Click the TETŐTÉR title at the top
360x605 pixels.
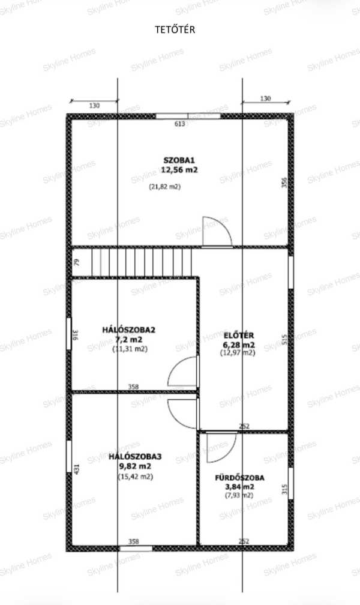tap(175, 30)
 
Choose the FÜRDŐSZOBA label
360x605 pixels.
tap(239, 478)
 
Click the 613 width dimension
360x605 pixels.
tap(180, 124)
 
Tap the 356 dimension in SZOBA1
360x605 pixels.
tap(284, 182)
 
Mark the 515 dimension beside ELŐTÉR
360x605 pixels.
tap(285, 339)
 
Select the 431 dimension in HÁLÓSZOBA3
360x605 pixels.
tap(76, 469)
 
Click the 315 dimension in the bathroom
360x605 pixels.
tap(285, 490)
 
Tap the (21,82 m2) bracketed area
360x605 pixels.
tap(165, 187)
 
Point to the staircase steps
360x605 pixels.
tap(142, 262)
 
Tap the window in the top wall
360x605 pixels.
tap(188, 116)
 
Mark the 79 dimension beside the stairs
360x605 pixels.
tap(77, 262)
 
